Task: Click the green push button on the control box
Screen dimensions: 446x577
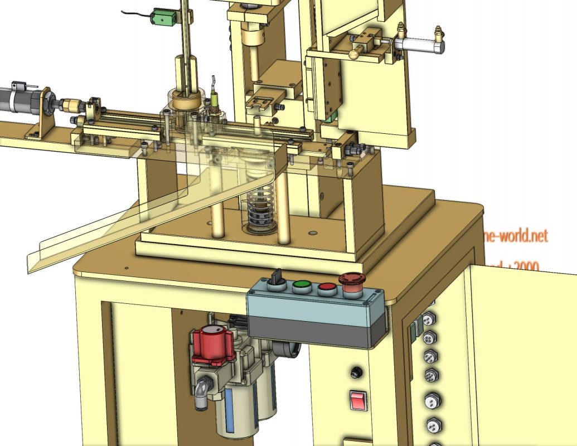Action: (x=302, y=287)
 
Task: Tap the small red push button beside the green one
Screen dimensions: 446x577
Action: (x=327, y=288)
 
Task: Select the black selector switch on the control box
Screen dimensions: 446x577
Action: (x=275, y=281)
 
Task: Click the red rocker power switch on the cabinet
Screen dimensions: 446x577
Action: (x=358, y=400)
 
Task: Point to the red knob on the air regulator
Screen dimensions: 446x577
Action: (x=212, y=342)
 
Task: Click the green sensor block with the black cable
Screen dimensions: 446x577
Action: (x=164, y=19)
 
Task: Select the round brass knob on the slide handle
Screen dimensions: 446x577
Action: (x=353, y=54)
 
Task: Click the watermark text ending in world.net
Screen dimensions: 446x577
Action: (x=516, y=236)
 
